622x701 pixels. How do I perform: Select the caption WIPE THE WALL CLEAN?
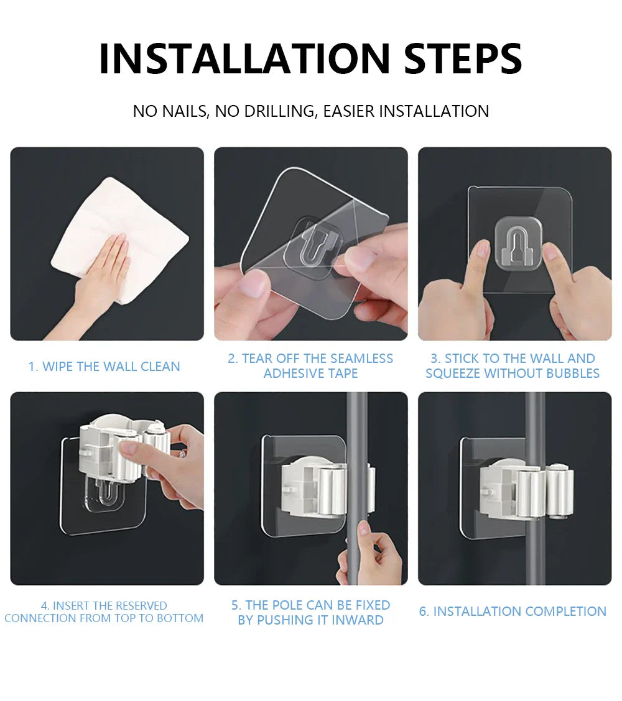click(x=104, y=367)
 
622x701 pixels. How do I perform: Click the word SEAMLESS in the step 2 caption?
click(x=361, y=359)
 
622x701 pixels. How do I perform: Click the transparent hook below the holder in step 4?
click(x=104, y=497)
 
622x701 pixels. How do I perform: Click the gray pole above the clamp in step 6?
click(x=535, y=423)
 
